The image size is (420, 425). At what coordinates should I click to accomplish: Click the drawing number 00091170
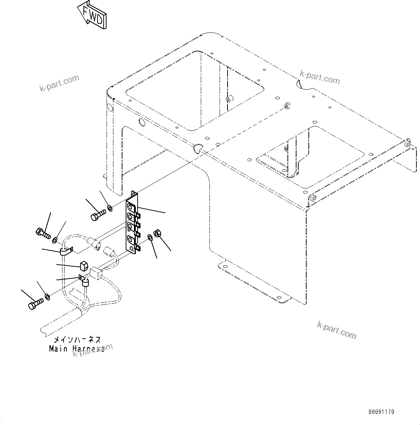pyautogui.click(x=381, y=412)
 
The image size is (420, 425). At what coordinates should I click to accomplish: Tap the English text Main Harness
pyautogui.click(x=77, y=349)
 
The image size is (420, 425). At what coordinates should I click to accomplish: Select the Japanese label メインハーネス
pyautogui.click(x=77, y=340)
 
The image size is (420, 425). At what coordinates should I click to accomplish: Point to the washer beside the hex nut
pyautogui.click(x=150, y=237)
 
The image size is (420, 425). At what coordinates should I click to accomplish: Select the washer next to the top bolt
pyautogui.click(x=109, y=208)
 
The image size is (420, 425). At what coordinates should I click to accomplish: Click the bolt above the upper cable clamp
pyautogui.click(x=42, y=233)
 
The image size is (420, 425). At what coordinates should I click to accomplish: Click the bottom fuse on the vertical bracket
pyautogui.click(x=131, y=239)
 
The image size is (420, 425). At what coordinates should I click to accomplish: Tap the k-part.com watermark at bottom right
pyautogui.click(x=336, y=330)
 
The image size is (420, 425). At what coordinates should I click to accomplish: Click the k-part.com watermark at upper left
pyautogui.click(x=59, y=83)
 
